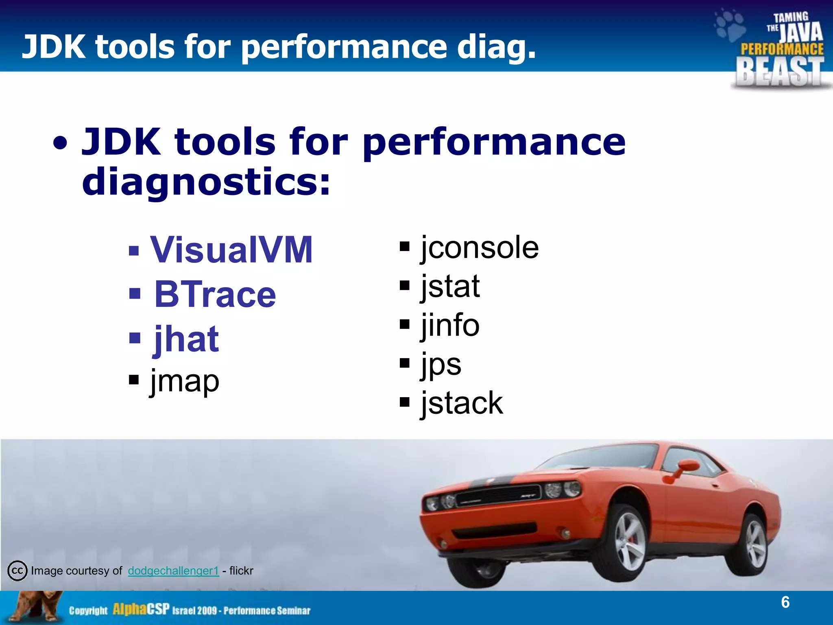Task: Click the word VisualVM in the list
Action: pyautogui.click(x=231, y=250)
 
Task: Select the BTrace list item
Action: pyautogui.click(x=215, y=294)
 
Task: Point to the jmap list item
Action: pyautogui.click(x=185, y=381)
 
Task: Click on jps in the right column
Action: pyautogui.click(x=441, y=364)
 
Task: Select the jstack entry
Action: pyautogui.click(x=462, y=403)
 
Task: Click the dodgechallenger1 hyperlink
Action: pyautogui.click(x=173, y=570)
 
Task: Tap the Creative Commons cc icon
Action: pyautogui.click(x=17, y=570)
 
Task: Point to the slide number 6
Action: pyautogui.click(x=785, y=602)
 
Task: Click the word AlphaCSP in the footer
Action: pyautogui.click(x=141, y=610)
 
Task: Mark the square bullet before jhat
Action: pyautogui.click(x=135, y=338)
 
